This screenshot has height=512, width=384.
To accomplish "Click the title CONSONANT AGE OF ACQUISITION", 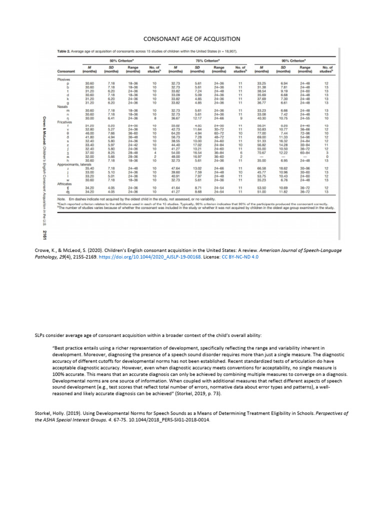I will (x=192, y=38).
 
